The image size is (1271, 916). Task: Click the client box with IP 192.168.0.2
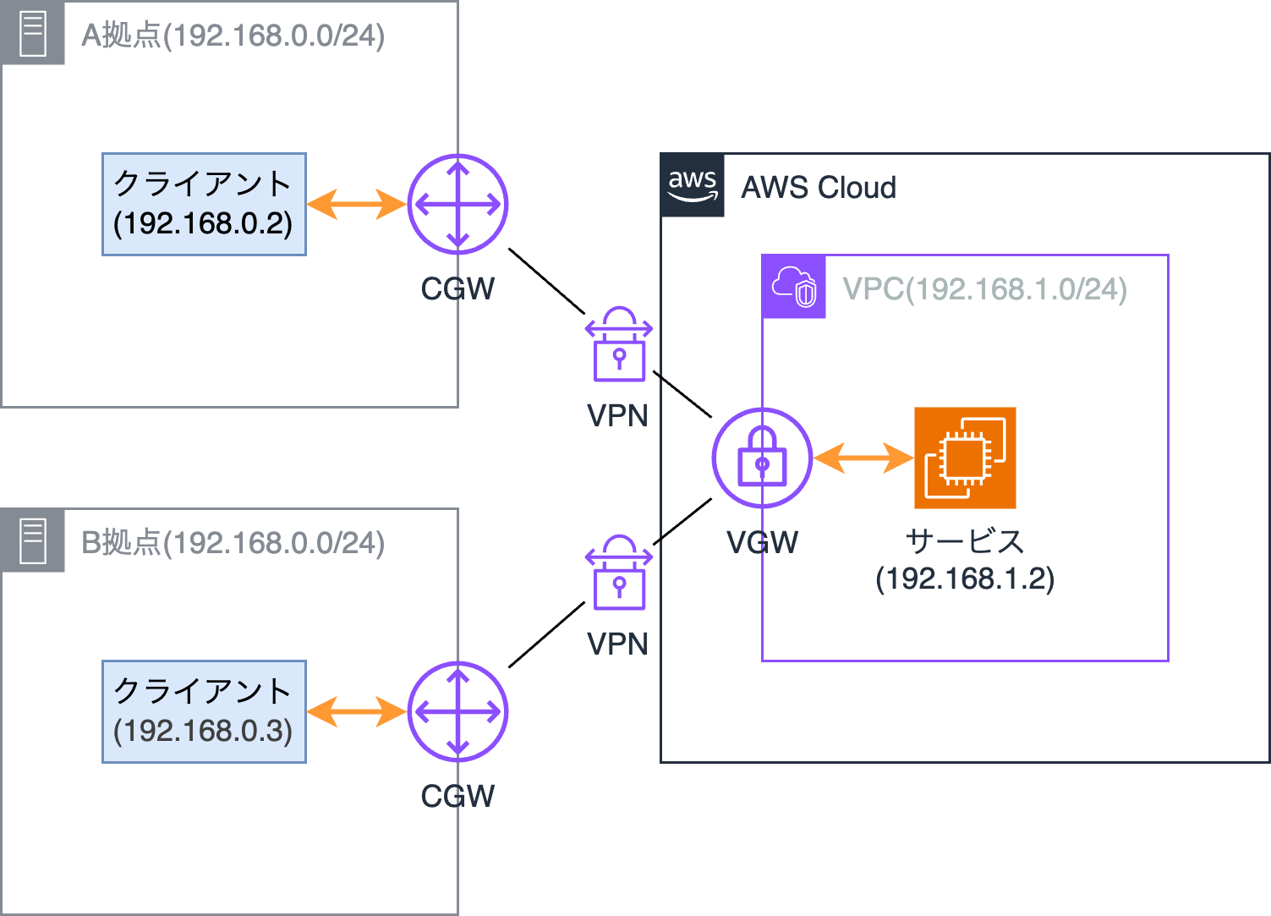(x=205, y=205)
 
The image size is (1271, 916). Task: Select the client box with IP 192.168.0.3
(x=205, y=711)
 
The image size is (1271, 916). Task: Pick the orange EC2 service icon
(x=965, y=458)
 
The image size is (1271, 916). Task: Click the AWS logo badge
(x=693, y=185)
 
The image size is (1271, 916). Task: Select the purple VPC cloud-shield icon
(x=794, y=287)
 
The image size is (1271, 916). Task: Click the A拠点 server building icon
(x=32, y=32)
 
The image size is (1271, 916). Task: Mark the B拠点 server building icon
(x=32, y=540)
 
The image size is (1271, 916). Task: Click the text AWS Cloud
(x=819, y=187)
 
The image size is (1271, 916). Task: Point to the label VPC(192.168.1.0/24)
(x=984, y=289)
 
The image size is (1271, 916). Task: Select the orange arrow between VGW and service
(x=863, y=458)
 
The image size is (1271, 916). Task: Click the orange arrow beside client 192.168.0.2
(x=357, y=205)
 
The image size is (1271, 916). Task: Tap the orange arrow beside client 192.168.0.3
(x=357, y=711)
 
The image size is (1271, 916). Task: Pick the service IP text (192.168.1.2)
(x=965, y=579)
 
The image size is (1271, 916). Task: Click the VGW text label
(x=762, y=542)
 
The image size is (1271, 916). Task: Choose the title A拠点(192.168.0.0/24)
(x=233, y=36)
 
